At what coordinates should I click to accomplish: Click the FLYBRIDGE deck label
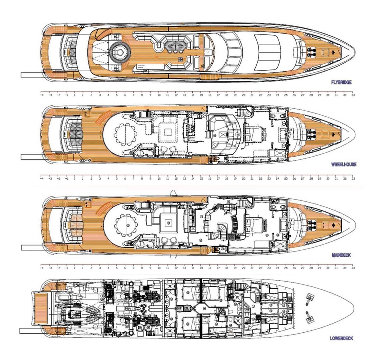pos(341,82)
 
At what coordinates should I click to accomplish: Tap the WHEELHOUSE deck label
pos(344,165)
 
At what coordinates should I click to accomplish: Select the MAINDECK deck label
pos(341,256)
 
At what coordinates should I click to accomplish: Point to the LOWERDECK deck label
pos(341,338)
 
